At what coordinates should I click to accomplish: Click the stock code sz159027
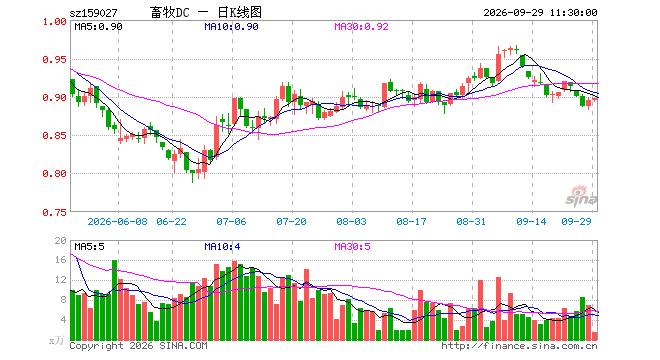pos(93,13)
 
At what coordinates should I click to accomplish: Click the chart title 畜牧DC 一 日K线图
pos(206,12)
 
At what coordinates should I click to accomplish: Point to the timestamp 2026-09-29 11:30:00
pos(540,13)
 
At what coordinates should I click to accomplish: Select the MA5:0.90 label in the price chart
pos(98,27)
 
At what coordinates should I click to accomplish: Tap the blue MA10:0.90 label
pos(231,27)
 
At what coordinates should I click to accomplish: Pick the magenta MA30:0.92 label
pos(361,27)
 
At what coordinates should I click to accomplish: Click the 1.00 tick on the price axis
pos(54,21)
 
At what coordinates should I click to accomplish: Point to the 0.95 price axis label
pos(54,60)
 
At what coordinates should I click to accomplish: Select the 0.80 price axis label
pos(54,173)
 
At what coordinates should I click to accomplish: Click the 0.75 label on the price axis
pos(54,212)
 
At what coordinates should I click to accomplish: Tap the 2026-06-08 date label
pos(117,221)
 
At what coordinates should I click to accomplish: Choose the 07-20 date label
pos(291,221)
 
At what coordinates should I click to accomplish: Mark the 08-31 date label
pos(471,221)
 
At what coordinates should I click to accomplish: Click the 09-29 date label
pos(576,221)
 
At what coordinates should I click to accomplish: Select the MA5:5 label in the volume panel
pos(89,246)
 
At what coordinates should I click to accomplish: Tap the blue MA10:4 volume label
pos(222,246)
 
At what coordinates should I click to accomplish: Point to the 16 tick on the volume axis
pos(61,260)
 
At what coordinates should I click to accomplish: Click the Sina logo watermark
pos(581,196)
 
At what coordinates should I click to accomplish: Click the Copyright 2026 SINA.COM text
pos(138,346)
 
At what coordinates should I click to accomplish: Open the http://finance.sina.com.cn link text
pos(519,346)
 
